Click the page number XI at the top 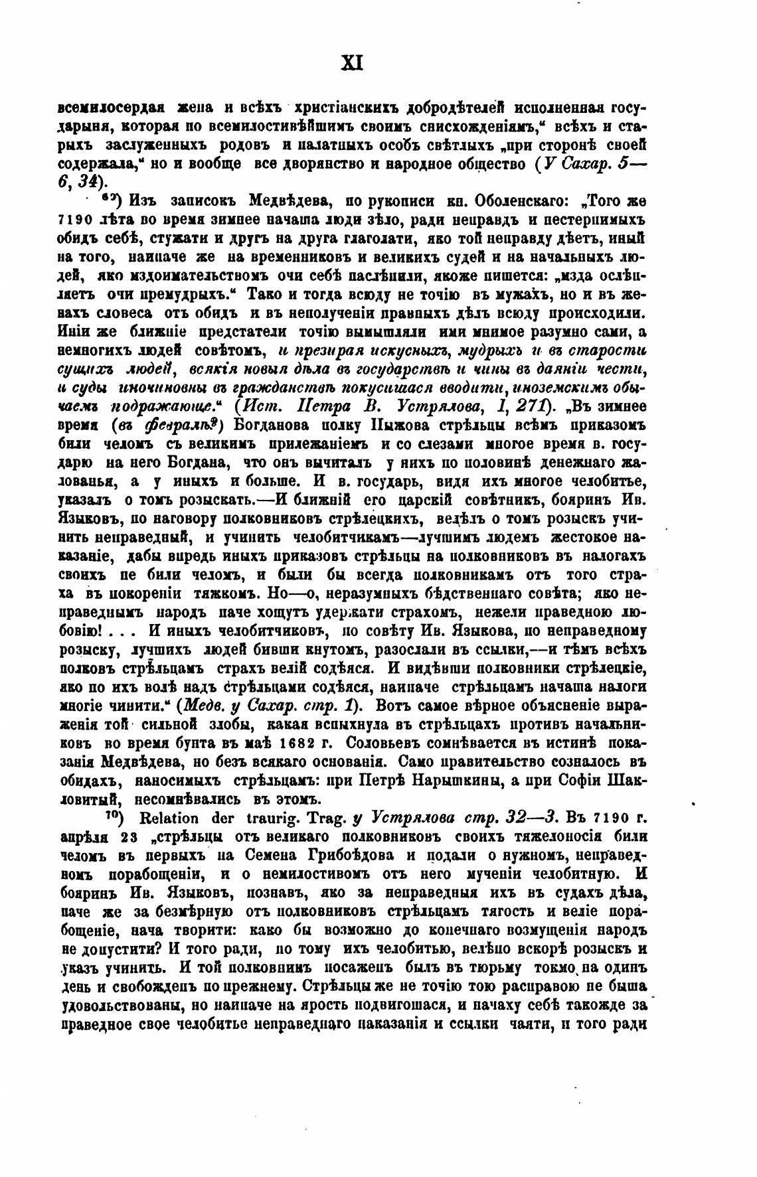(351, 64)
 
